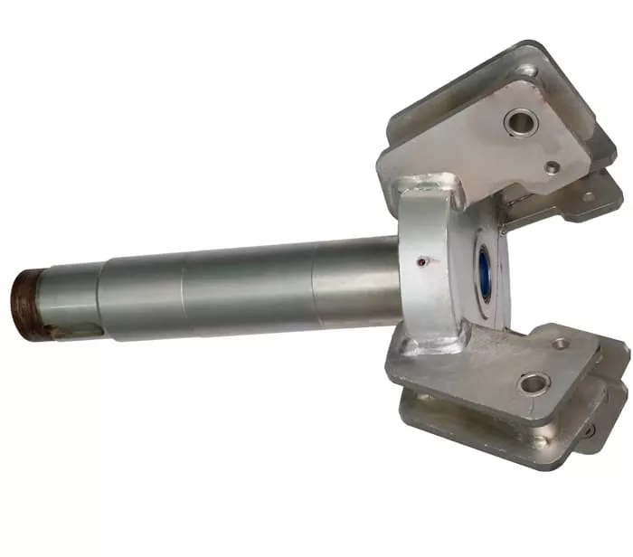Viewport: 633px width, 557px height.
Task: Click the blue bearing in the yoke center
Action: click(x=484, y=275)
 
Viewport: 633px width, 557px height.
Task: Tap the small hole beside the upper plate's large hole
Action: click(x=552, y=167)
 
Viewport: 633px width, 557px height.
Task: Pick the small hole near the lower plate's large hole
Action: click(x=561, y=344)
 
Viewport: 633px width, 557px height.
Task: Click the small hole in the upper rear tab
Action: click(x=589, y=195)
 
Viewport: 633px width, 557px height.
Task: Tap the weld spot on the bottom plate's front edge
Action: click(x=540, y=441)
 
